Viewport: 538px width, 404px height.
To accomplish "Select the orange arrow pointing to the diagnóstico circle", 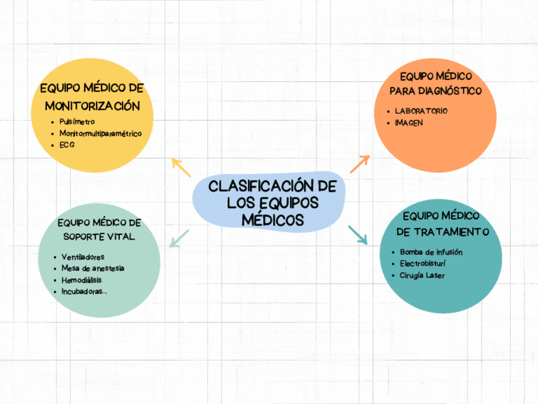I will pos(360,163).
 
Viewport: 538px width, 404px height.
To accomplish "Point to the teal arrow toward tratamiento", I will pos(358,234).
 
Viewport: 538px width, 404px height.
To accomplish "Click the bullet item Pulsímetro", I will pos(77,121).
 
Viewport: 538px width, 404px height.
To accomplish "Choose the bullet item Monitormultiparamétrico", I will pos(100,133).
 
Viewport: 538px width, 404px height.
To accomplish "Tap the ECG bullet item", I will pos(67,145).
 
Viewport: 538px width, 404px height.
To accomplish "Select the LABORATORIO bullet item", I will pos(421,111).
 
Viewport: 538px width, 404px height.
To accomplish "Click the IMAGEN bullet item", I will pos(409,123).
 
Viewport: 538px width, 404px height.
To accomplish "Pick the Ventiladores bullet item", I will pos(82,257).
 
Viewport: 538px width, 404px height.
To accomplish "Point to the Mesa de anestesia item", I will pos(93,268).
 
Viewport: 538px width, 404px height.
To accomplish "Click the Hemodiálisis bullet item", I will pos(81,279).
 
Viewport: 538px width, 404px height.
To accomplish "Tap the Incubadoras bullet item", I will pos(84,292).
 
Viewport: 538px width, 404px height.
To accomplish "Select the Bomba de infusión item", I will pos(431,252).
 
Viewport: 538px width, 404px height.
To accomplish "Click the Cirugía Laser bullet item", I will pos(423,275).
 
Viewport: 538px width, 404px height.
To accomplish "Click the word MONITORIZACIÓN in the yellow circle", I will pos(92,105).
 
